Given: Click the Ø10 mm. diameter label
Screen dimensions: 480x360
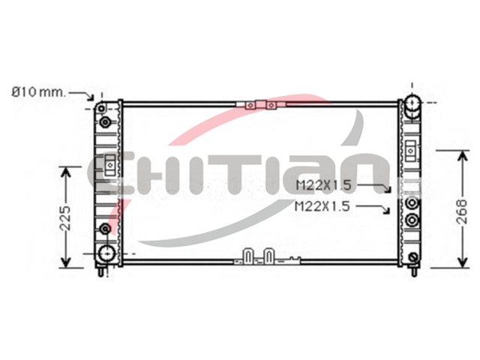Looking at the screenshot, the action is tap(38, 91).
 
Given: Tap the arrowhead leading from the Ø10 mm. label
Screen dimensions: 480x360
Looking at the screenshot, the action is tap(91, 97).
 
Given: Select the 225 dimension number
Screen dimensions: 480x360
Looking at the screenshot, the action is tap(65, 218).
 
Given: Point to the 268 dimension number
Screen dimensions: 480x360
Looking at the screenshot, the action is tap(462, 211).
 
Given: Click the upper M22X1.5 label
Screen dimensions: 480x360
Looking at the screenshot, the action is tap(323, 185).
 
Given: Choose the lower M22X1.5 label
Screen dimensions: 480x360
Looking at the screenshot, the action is tap(322, 207).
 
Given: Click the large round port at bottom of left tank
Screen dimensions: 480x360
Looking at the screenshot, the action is tap(106, 253).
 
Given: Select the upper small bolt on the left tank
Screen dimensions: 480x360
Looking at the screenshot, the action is tap(105, 122).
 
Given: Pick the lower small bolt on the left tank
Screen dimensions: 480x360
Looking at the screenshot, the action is tap(105, 229).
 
